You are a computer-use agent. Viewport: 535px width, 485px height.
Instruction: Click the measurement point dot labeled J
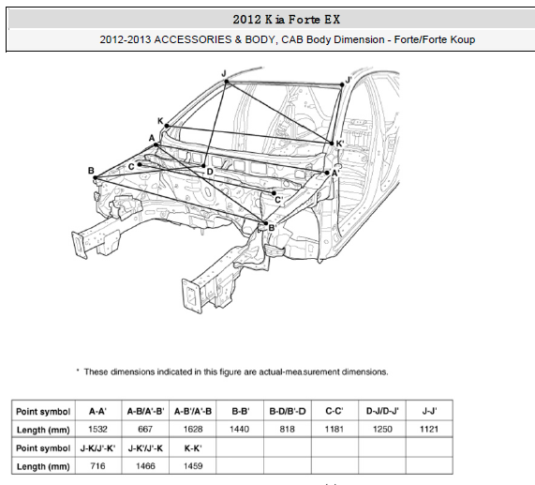[226, 82]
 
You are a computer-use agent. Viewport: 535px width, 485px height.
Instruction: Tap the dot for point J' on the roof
[342, 84]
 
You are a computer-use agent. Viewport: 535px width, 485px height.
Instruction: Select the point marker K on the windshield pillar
[167, 126]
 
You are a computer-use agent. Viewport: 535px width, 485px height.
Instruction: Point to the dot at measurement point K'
[332, 144]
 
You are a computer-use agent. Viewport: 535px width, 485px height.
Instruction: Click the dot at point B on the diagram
[96, 177]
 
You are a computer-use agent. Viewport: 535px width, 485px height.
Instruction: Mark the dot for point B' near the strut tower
[266, 223]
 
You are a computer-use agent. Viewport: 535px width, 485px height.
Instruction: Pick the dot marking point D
[203, 166]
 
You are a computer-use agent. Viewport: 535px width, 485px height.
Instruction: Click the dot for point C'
[274, 193]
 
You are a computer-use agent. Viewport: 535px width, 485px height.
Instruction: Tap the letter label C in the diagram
[131, 167]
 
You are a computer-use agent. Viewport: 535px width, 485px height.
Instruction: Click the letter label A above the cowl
[152, 138]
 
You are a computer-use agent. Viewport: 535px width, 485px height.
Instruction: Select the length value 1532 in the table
[98, 430]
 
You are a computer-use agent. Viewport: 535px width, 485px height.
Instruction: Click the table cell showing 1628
[193, 430]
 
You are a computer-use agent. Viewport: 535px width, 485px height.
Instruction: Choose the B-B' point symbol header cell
[241, 411]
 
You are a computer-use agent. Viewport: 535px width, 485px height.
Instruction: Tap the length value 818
[288, 430]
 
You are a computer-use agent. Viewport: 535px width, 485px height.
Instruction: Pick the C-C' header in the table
[334, 411]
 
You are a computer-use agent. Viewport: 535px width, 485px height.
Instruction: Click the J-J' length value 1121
[429, 430]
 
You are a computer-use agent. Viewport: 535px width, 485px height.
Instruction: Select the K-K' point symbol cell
[193, 448]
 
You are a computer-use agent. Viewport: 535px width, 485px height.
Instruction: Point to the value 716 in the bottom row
[98, 466]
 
